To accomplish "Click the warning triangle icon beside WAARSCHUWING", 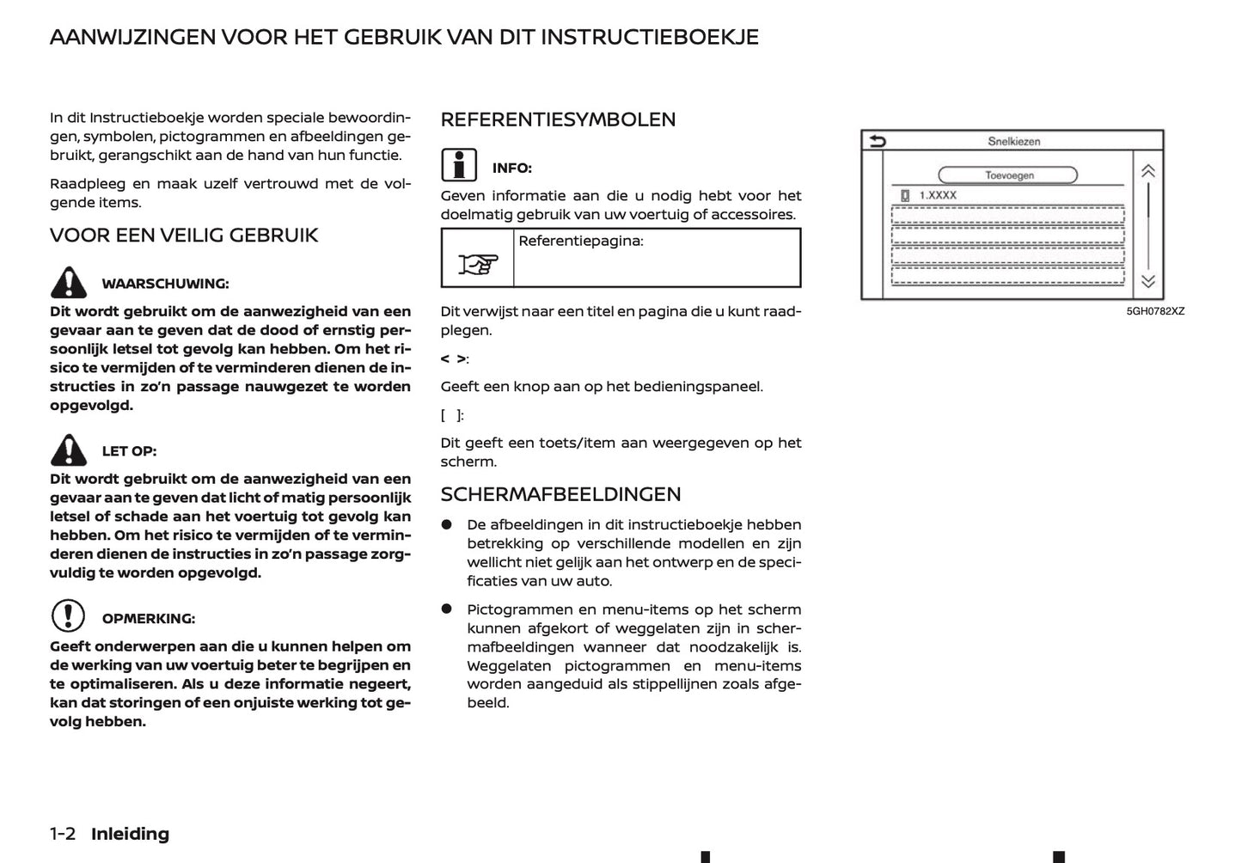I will pos(68,283).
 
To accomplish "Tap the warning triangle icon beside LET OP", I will pos(68,450).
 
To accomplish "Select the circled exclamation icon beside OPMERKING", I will pos(68,616).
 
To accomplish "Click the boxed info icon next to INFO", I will pos(459,165).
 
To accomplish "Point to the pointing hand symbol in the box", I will pos(478,264).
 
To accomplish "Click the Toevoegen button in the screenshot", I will pos(1008,175).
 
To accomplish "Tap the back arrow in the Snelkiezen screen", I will pos(877,142).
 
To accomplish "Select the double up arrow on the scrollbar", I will pos(1147,172).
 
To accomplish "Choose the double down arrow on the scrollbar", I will pos(1147,281).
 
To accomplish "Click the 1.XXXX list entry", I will pos(937,196).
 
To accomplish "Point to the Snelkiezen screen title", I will pos(1014,142).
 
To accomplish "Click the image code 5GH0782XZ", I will pos(1155,311).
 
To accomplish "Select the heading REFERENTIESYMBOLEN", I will pos(558,119).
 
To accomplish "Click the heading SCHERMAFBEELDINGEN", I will pos(560,494).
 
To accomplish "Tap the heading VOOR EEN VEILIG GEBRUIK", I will pos(184,236).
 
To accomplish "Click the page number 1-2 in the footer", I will pos(63,834).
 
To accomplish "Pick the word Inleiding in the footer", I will pos(130,834).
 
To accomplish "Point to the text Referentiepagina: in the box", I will pos(580,242).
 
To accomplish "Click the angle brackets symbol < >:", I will pos(454,358).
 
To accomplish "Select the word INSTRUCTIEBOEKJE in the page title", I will pos(650,37).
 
